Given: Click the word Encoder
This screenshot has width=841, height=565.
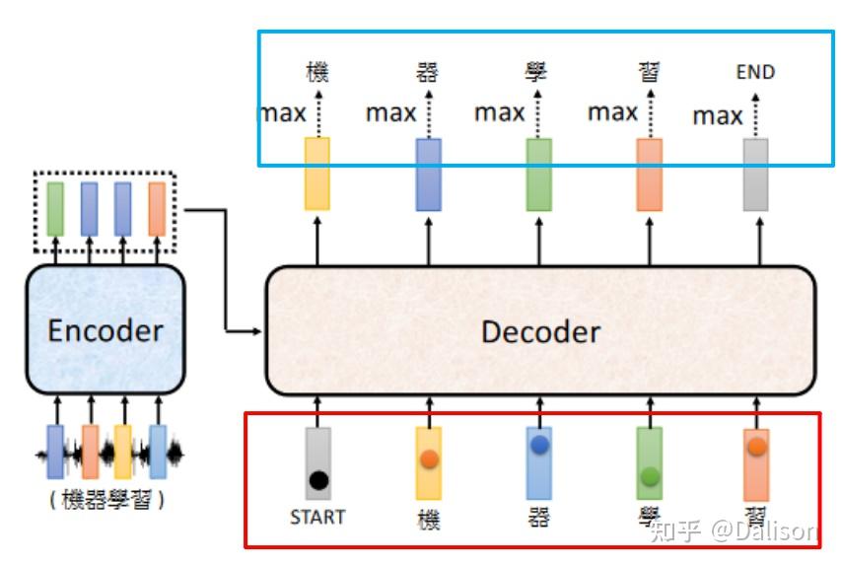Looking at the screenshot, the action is (x=105, y=330).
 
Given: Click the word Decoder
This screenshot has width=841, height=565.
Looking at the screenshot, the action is (x=540, y=331).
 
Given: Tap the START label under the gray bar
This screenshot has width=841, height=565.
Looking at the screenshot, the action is (x=317, y=517).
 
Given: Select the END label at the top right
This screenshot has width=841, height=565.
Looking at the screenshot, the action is (x=755, y=72).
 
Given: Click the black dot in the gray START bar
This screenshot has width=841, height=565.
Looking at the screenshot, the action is (x=318, y=480).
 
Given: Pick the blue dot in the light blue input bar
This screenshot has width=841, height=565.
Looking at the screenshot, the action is (x=539, y=445).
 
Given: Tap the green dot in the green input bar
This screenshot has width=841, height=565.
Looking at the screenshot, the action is (x=650, y=476).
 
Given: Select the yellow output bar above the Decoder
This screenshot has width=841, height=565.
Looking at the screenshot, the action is (x=317, y=174).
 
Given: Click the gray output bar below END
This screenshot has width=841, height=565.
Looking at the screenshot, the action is (x=755, y=175).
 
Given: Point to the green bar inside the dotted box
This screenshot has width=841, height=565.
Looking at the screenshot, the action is (x=55, y=209).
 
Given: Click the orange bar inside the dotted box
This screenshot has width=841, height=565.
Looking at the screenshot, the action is (x=157, y=209).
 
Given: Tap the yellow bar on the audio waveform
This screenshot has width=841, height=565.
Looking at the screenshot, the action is (x=123, y=452).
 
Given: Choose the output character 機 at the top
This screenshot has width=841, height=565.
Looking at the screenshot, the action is (x=317, y=72).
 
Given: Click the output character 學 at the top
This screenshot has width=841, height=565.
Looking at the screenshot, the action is (x=535, y=72).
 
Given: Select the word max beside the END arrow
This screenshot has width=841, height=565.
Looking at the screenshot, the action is (x=718, y=116).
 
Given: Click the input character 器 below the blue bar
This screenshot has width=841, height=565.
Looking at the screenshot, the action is (x=539, y=518).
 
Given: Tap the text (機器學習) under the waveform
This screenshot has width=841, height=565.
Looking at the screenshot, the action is (x=106, y=500).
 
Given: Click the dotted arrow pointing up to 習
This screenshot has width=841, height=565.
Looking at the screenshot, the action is (x=651, y=113).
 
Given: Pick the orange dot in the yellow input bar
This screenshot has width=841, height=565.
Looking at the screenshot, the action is (x=430, y=459).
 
